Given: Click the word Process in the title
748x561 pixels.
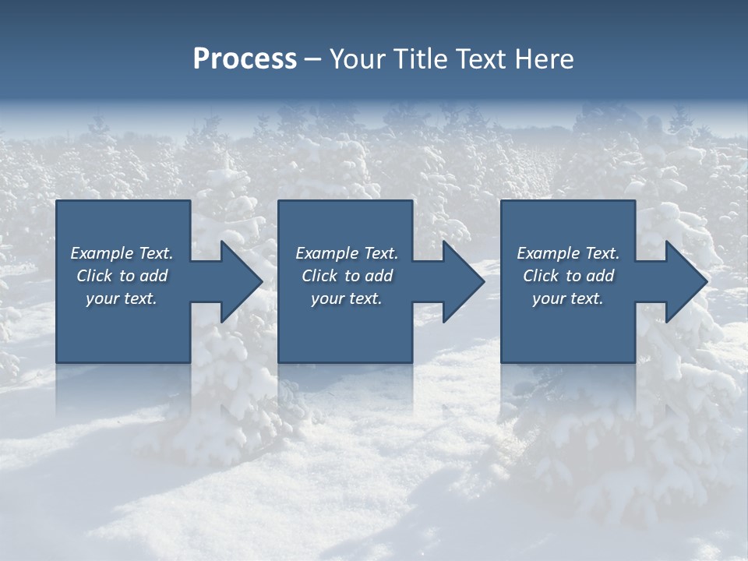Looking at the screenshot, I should [x=245, y=59].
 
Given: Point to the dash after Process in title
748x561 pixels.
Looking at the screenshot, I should [x=313, y=60].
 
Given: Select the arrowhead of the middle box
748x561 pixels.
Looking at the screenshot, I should [x=462, y=281].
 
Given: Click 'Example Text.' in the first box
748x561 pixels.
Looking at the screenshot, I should [x=122, y=253].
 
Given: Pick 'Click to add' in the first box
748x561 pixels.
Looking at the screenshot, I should [x=122, y=276].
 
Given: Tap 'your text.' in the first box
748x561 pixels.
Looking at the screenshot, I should [x=122, y=298].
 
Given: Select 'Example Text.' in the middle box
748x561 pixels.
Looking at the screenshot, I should [x=347, y=253].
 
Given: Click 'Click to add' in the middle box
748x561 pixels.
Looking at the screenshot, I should [x=347, y=276].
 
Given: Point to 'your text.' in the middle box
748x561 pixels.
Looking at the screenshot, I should [x=347, y=298].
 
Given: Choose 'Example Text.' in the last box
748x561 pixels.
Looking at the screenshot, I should [x=568, y=253].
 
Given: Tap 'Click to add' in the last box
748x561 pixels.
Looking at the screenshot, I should [x=568, y=276].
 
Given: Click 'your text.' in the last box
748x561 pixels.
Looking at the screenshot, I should [x=568, y=298].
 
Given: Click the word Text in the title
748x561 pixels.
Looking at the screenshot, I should [x=480, y=59].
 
